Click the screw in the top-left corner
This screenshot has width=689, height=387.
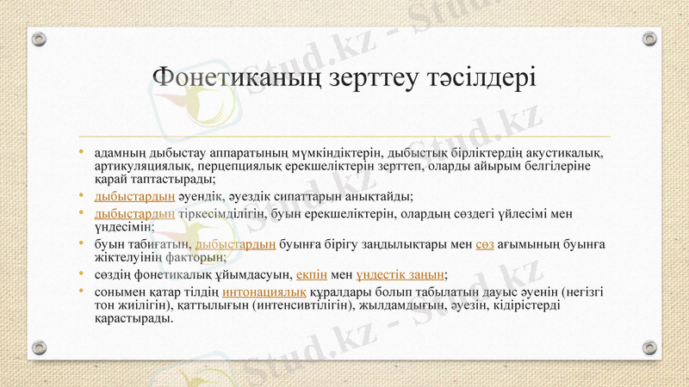coord(39,39)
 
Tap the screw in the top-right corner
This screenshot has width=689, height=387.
coord(649,39)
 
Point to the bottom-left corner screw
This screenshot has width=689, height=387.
coord(39,347)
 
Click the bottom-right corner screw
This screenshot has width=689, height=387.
coord(649,347)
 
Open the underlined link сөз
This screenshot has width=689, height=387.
coord(484,244)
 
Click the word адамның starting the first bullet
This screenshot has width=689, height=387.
coord(121,153)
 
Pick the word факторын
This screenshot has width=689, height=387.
coord(195,256)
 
